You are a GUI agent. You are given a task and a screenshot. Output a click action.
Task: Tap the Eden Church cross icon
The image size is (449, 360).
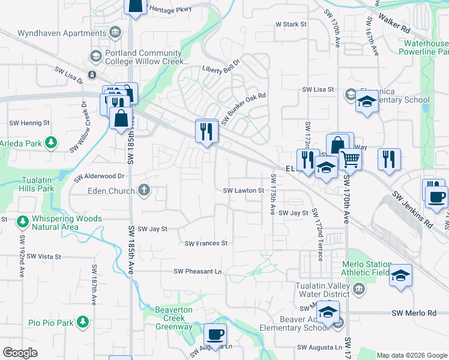[143, 191]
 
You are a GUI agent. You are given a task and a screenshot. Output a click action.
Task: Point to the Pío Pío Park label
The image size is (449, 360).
[50, 323]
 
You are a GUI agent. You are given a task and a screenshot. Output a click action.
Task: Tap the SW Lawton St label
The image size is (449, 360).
[244, 191]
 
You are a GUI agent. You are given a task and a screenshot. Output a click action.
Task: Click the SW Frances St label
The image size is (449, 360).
[206, 244]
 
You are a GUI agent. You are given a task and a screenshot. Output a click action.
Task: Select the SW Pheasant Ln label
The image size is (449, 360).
[197, 271]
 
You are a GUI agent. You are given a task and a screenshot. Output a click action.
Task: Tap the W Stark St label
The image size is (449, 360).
[291, 25]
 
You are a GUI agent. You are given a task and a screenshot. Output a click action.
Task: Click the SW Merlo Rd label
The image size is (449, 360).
[414, 313]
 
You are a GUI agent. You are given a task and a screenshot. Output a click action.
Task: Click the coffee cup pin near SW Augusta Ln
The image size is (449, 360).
[215, 334]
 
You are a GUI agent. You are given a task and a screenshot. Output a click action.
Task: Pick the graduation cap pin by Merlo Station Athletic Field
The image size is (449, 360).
[400, 275]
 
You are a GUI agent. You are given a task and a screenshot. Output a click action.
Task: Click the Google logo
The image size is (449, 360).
[20, 353]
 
